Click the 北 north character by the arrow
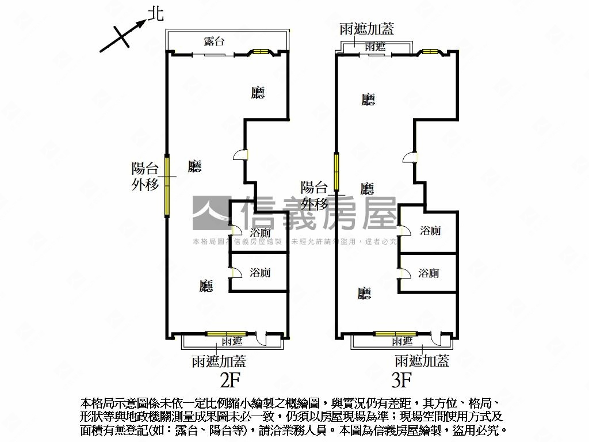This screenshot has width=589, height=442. pos(155,14)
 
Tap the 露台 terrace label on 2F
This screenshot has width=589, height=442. pos(214,41)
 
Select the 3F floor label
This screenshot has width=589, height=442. pos(401,380)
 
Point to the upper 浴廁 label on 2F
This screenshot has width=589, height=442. pos(261,233)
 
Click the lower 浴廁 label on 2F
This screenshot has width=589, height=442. pos(261,272)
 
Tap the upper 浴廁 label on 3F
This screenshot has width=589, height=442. pos(430,231)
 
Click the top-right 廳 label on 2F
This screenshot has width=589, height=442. pos(258,93)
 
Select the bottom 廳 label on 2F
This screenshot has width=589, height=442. pos(206,286)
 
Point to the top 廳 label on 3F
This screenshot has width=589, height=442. pos(368,100)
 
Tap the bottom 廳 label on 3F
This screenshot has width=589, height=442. pos(364,294)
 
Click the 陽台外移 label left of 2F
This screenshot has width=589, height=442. pos(145,177)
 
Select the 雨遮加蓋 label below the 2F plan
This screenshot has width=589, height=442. pos(219,361)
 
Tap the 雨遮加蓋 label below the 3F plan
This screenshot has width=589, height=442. pos(422,361)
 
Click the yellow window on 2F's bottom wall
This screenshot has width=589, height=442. pos(226,334)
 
